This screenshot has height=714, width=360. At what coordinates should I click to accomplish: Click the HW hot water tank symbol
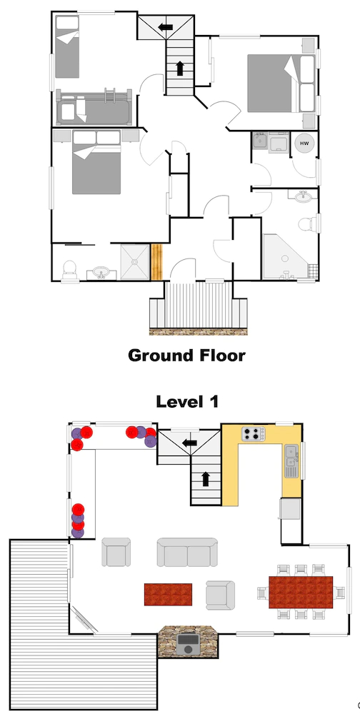304,144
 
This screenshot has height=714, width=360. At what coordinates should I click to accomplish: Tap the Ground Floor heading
186,355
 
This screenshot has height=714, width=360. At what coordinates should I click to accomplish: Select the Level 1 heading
187,401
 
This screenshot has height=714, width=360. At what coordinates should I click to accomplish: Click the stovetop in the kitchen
253,434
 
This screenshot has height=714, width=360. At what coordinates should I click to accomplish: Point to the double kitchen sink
291,461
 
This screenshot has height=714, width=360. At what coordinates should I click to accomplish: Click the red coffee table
168,594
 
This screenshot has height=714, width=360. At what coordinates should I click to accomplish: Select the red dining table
301,592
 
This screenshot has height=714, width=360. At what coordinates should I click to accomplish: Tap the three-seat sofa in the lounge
187,552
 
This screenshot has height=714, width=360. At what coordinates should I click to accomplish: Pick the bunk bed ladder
109,96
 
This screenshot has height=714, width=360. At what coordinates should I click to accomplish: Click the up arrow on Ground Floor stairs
179,69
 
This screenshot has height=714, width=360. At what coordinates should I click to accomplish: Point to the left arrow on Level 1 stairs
189,442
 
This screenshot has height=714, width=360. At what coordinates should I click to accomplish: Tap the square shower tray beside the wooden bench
135,262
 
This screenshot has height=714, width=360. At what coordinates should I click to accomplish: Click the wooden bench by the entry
156,262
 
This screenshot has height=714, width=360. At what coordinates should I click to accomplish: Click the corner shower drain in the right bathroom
285,258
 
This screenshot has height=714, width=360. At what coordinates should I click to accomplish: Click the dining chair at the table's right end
340,593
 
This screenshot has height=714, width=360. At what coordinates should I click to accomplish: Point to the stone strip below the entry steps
199,331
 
